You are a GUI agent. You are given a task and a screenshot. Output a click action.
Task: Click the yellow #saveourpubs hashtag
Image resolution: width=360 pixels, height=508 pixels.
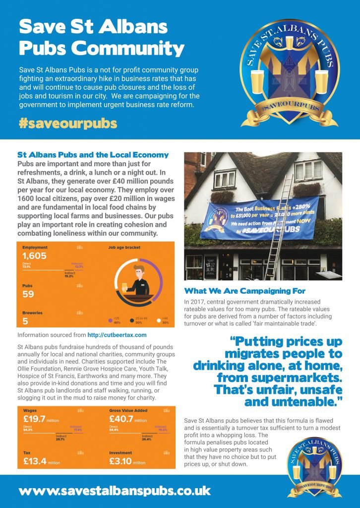pyautogui.click(x=67, y=123)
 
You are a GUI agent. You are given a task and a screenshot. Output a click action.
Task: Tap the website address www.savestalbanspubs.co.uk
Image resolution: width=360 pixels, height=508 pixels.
pyautogui.click(x=115, y=491)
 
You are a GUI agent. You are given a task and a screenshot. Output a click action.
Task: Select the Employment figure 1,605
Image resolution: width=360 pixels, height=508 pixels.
pyautogui.click(x=35, y=256)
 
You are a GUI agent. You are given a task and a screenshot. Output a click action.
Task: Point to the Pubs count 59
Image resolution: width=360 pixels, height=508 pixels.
pyautogui.click(x=29, y=294)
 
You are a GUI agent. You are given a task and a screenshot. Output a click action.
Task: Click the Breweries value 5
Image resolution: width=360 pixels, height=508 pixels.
pyautogui.click(x=25, y=321)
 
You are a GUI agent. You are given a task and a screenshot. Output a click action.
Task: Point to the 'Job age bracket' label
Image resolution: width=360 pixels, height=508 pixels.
pyautogui.click(x=124, y=247)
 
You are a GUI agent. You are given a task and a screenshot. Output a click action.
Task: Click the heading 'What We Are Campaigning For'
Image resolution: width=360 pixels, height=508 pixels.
pyautogui.click(x=245, y=291)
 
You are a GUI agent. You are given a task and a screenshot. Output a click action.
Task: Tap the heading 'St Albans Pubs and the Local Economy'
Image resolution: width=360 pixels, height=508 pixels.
pyautogui.click(x=93, y=155)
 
